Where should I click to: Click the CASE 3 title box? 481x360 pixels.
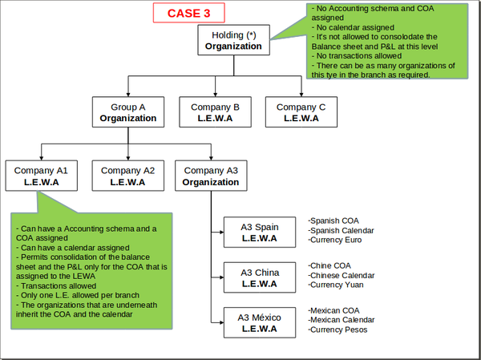(189, 13)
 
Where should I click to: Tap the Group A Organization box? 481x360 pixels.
(127, 111)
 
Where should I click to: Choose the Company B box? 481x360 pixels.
(215, 111)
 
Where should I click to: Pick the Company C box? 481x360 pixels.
(301, 111)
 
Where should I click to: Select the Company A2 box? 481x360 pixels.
(127, 176)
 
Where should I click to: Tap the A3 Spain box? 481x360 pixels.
(260, 233)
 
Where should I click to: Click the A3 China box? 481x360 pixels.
(260, 277)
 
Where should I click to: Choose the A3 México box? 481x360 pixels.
(260, 323)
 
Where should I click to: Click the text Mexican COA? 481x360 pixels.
(335, 310)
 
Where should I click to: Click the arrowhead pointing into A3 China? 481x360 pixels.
(219, 277)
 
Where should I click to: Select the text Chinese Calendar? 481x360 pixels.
(342, 275)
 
